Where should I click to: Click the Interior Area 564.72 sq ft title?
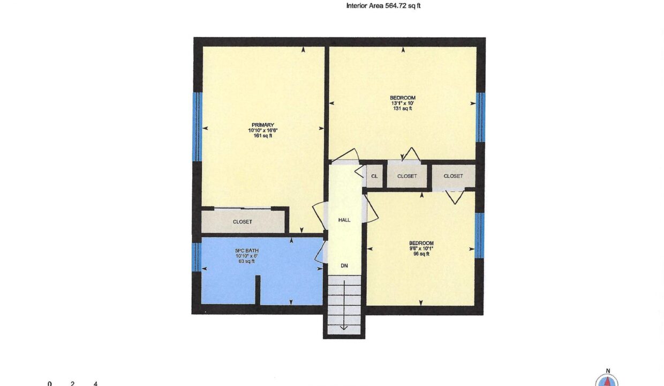[x=383, y=6]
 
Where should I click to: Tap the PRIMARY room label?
[x=262, y=125]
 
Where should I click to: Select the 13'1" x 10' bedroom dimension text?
[x=403, y=103]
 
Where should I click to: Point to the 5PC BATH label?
[x=247, y=250]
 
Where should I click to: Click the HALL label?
[x=344, y=220]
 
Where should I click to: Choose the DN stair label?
[x=344, y=265]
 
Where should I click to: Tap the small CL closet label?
[x=374, y=176]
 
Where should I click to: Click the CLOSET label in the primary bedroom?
[x=243, y=221]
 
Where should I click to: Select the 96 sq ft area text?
[x=421, y=254]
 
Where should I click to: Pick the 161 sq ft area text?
[x=262, y=136]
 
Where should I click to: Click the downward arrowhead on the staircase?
[x=344, y=328]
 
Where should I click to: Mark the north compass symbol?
[x=607, y=380]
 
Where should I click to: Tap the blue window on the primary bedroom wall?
[x=197, y=127]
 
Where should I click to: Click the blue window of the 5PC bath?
[x=196, y=257]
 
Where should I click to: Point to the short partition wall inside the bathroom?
[x=258, y=290]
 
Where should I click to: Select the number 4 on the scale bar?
[x=95, y=383]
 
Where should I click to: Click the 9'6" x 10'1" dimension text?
[x=421, y=249]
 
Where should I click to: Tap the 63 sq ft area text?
[x=247, y=261]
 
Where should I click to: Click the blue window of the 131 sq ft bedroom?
[x=480, y=117]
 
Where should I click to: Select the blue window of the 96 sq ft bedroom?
[x=479, y=235]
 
